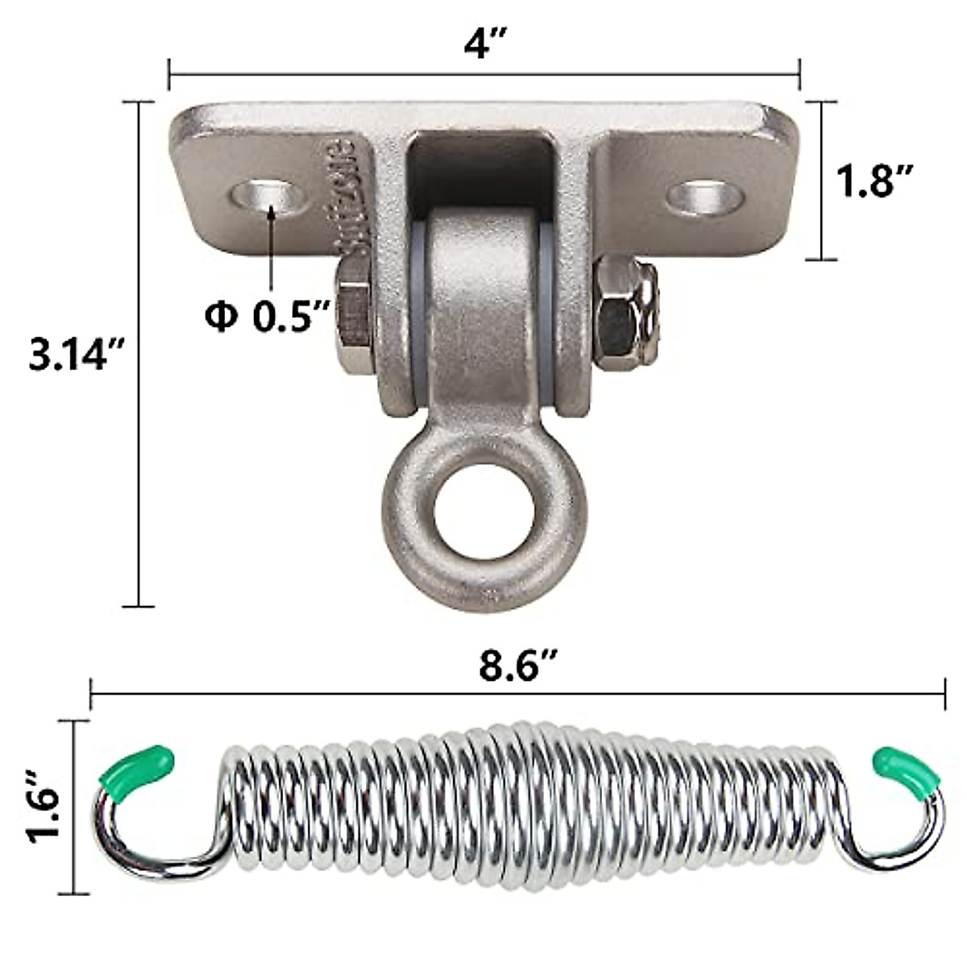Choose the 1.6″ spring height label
pyautogui.click(x=45, y=807)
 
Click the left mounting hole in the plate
pyautogui.click(x=272, y=196)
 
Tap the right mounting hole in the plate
pyautogui.click(x=706, y=196)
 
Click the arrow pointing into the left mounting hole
pyautogui.click(x=272, y=242)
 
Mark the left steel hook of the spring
pyautogui.click(x=137, y=846)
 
